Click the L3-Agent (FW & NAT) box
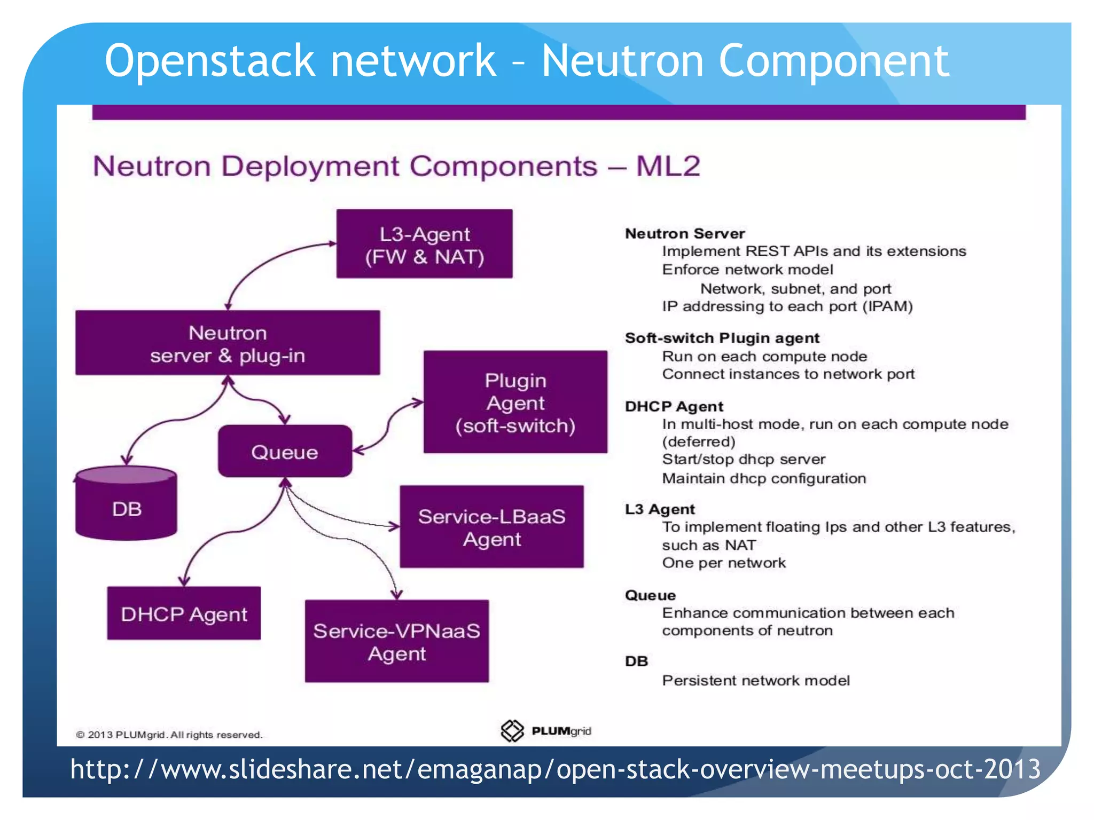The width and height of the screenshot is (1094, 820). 424,244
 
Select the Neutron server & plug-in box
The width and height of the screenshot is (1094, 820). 228,343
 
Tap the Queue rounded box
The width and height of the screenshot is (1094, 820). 285,452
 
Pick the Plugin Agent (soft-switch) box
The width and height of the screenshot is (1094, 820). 515,403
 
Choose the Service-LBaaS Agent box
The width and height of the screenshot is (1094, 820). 491,527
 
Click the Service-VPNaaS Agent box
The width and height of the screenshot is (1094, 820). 396,641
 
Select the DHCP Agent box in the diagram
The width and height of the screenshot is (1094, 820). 184,613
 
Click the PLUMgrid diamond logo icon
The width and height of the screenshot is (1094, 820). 512,731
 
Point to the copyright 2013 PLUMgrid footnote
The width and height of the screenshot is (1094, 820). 169,735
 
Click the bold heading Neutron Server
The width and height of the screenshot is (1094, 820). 685,233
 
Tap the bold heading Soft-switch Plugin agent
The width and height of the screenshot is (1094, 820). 722,338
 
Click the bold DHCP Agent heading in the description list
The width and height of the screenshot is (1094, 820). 674,406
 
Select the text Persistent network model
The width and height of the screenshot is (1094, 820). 755,680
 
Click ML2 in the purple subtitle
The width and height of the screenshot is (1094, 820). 668,166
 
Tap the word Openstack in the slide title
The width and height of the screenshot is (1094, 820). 209,61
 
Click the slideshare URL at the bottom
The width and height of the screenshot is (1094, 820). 556,769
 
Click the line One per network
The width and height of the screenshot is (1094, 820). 724,563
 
